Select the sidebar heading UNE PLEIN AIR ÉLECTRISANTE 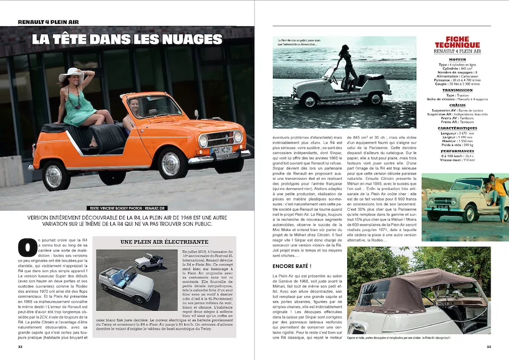point(165,242)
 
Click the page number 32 point(20,347)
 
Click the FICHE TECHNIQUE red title point(457,42)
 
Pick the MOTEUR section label point(457,59)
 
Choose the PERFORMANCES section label point(457,151)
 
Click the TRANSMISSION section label point(457,90)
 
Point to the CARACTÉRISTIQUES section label point(457,128)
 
